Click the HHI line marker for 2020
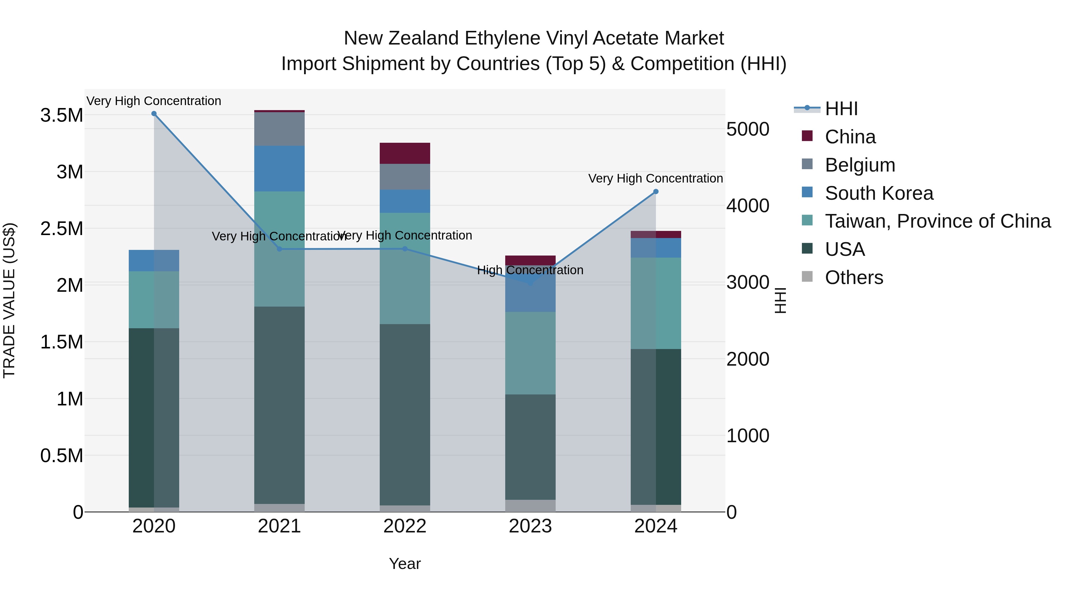[x=154, y=114]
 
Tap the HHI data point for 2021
[x=279, y=249]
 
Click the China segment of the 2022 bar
[x=405, y=153]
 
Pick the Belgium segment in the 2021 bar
[x=279, y=129]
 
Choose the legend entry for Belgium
[x=859, y=165]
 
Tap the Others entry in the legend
[x=854, y=277]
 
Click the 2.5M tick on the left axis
[x=62, y=229]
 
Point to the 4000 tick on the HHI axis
[x=748, y=206]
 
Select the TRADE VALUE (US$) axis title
[x=9, y=300]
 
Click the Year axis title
[x=405, y=564]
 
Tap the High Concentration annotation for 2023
[x=530, y=270]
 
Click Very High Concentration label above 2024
[x=655, y=179]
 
